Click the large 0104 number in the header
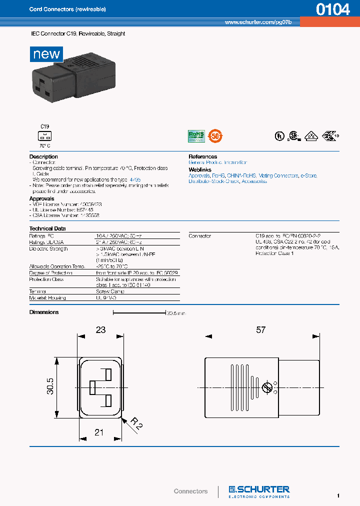tap(332, 9)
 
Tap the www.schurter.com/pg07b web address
tap(261, 22)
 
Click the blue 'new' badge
tap(46, 54)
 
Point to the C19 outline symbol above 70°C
tap(45, 135)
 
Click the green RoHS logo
tap(196, 135)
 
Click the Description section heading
tap(43, 156)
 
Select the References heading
tap(202, 156)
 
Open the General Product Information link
tap(217, 162)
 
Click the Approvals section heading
tap(41, 198)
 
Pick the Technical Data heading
tap(47, 228)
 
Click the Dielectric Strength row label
tap(48, 248)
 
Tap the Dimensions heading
tap(44, 312)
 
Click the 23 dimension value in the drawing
tap(100, 330)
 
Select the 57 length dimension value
tap(260, 330)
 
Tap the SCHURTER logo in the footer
tap(259, 490)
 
